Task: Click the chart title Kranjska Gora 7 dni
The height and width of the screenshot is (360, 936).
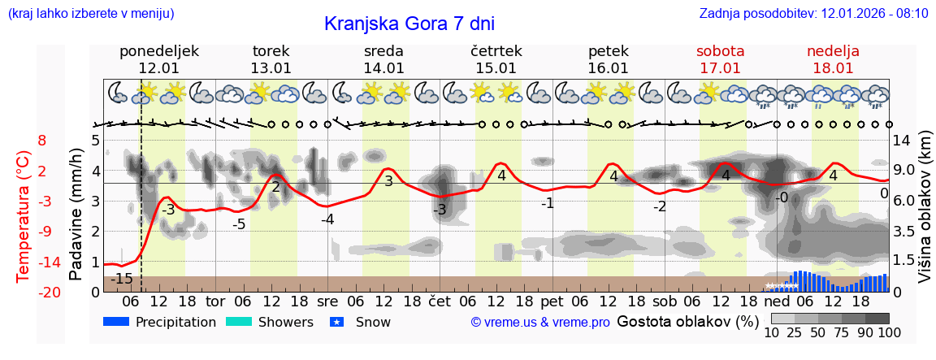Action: [x=409, y=24]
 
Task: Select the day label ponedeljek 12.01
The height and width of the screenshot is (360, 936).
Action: [x=158, y=59]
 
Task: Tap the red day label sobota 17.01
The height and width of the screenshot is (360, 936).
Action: [x=721, y=59]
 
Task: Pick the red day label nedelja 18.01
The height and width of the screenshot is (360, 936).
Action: [x=833, y=59]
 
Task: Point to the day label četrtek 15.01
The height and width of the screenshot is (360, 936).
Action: [x=496, y=59]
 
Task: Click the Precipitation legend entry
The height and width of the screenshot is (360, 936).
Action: [x=160, y=322]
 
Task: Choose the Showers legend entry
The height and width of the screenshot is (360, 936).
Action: [x=269, y=322]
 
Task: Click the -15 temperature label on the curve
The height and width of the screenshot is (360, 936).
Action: [x=122, y=279]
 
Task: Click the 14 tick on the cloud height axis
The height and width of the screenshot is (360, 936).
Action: [x=903, y=140]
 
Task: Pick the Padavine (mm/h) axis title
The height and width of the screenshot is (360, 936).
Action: [x=76, y=215]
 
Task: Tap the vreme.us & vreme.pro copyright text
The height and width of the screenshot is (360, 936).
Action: [x=540, y=323]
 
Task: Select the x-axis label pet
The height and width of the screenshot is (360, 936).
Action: [x=552, y=301]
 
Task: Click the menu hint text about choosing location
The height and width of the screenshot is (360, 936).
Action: [x=91, y=14]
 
